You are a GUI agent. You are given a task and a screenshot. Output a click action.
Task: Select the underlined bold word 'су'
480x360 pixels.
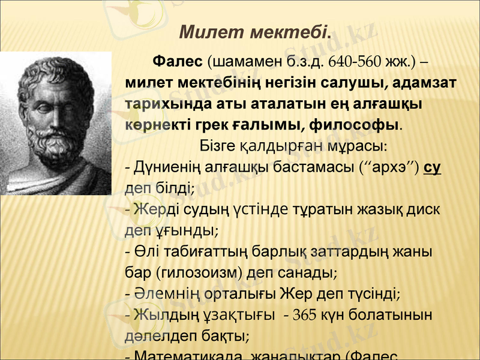[x=432, y=166]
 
